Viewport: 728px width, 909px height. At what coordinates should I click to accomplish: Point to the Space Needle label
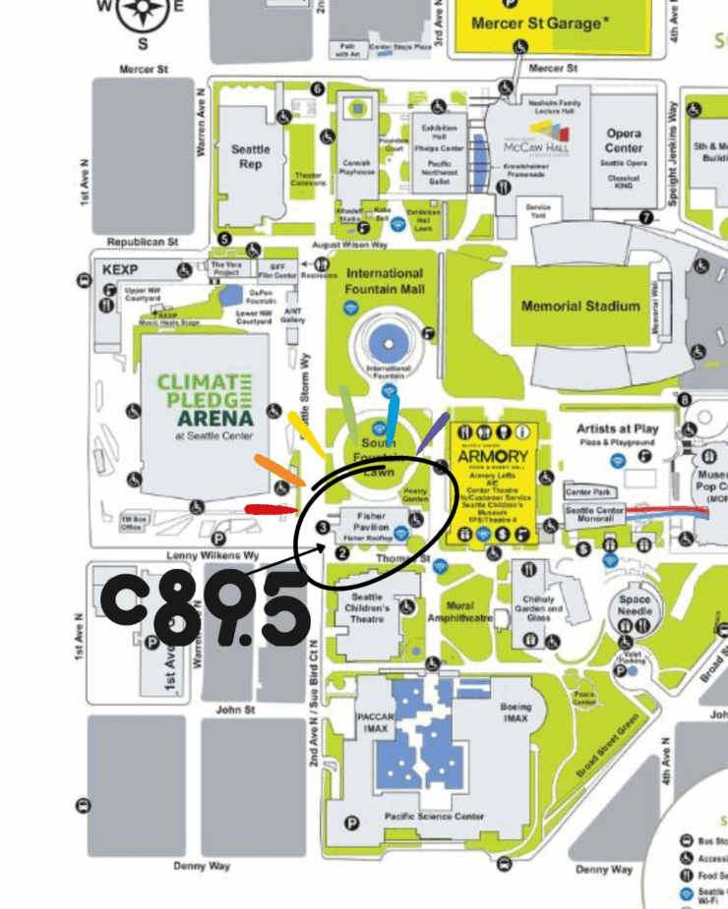click(635, 605)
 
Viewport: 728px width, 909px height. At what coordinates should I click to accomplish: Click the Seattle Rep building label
click(251, 157)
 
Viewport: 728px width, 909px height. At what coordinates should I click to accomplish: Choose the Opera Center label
click(624, 140)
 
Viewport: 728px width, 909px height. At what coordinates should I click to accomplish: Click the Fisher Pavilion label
click(372, 522)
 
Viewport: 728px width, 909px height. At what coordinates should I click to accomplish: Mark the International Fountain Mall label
click(384, 281)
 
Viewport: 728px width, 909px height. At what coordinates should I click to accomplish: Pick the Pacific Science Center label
click(434, 817)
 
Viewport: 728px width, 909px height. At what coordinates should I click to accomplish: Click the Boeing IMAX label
click(515, 712)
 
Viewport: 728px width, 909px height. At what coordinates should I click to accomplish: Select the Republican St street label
click(143, 241)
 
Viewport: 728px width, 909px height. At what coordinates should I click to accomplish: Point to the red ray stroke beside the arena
click(272, 509)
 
